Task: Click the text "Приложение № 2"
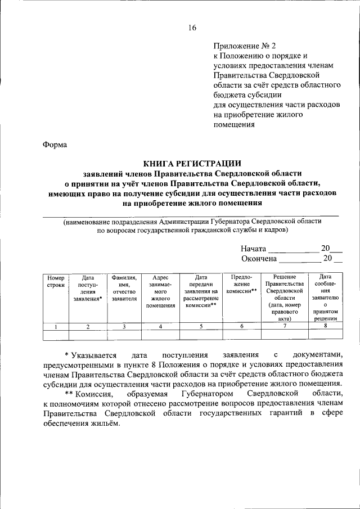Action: click(x=245, y=46)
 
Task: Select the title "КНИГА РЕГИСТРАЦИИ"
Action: click(x=192, y=164)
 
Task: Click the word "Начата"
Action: click(x=254, y=248)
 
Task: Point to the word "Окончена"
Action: click(x=259, y=259)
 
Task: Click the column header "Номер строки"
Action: click(x=56, y=281)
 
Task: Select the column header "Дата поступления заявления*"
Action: click(x=88, y=288)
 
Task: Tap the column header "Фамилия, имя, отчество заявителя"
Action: click(x=124, y=288)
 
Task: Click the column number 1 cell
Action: click(x=56, y=327)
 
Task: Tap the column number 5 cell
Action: click(x=201, y=327)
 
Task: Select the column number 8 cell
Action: click(x=325, y=327)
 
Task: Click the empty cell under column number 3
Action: click(x=124, y=336)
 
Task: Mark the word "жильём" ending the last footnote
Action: click(x=106, y=424)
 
